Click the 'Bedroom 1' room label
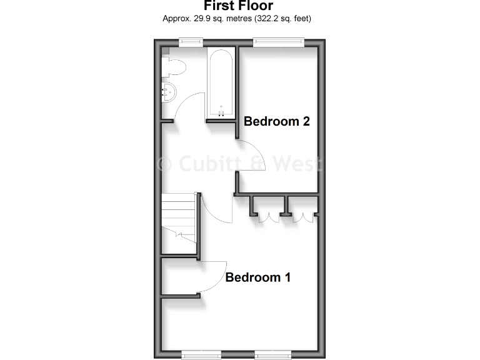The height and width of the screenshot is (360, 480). click(x=257, y=277)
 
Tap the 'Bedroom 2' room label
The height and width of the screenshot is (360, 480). click(x=277, y=121)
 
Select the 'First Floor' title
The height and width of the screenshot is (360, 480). click(x=237, y=6)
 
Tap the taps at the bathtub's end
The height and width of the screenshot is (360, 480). click(x=221, y=113)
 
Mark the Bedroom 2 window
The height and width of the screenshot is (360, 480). click(x=278, y=42)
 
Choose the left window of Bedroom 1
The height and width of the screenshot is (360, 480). click(x=201, y=354)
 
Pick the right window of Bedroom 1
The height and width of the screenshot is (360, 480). click(x=274, y=354)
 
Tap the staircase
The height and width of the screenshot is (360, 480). click(x=179, y=219)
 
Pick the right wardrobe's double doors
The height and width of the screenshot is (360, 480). click(x=303, y=217)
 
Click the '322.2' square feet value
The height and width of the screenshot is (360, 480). click(x=269, y=18)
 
